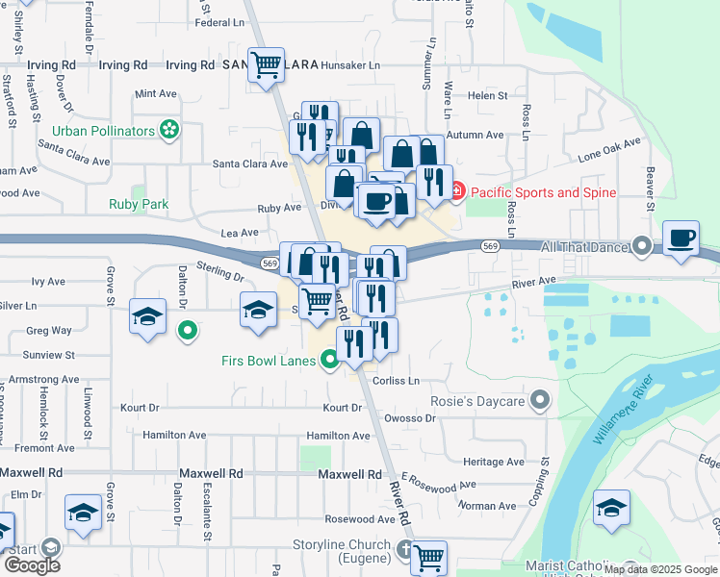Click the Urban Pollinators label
103,130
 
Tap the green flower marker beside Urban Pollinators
170,129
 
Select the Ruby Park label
139,204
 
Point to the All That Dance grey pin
642,247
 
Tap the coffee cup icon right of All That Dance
681,238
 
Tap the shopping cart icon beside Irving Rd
266,65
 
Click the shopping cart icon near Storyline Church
429,556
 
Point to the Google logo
32,564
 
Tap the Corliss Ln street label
397,381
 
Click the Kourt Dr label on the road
342,408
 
